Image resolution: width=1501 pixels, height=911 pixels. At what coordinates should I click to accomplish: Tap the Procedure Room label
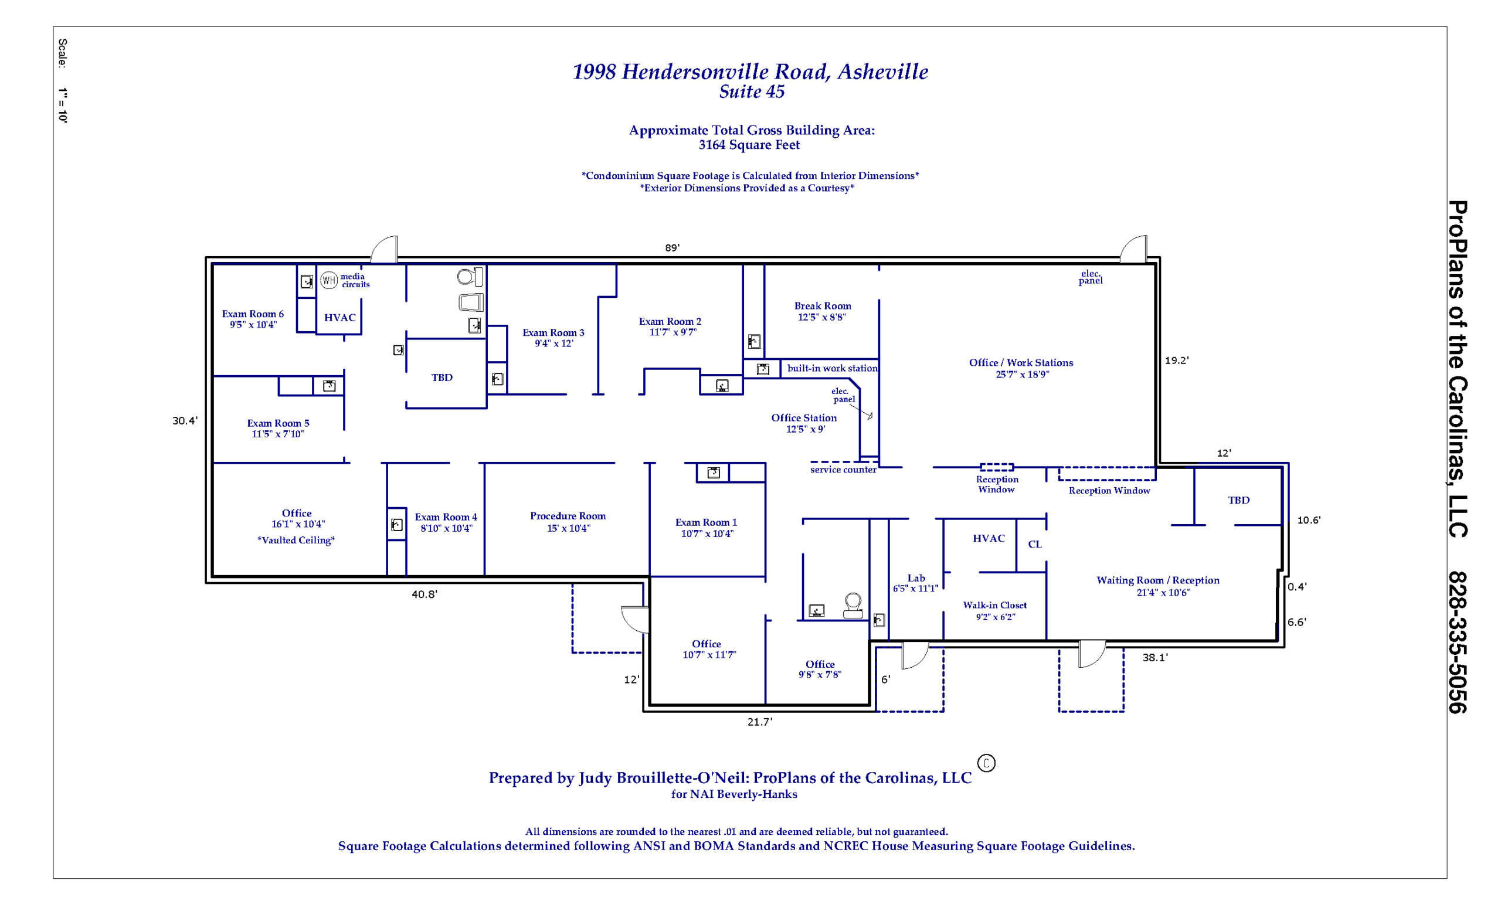point(568,516)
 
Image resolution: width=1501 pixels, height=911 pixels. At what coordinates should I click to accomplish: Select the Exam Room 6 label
point(253,314)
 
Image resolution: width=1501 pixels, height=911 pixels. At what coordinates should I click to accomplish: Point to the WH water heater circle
point(329,280)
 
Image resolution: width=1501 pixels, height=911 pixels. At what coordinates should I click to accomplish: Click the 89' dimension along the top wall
point(672,248)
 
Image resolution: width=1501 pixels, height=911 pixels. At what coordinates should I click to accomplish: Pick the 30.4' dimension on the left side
point(185,421)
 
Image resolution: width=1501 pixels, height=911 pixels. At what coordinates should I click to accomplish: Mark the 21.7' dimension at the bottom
point(760,722)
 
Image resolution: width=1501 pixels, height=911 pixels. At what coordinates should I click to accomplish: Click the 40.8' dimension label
point(424,594)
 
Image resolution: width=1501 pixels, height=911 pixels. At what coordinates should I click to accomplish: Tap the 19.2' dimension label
point(1177,361)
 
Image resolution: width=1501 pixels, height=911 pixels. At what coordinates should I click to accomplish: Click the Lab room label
point(916,579)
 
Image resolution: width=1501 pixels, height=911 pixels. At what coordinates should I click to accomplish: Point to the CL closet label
point(1035,545)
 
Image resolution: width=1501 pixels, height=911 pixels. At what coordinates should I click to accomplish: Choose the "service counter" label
point(843,470)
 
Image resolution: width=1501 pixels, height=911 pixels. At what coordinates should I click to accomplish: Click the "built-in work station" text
point(832,368)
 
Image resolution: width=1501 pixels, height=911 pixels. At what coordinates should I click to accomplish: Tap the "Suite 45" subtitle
point(752,92)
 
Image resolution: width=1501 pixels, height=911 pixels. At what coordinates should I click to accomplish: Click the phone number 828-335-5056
point(1457,642)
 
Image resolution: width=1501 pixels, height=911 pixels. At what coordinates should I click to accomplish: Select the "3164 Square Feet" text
point(749,145)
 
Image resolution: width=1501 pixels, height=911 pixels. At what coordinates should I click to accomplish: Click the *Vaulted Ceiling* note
point(296,540)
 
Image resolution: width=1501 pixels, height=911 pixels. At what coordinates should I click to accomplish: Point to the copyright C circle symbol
point(986,763)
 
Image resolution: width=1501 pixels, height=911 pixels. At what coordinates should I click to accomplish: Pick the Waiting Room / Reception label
point(1158,580)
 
